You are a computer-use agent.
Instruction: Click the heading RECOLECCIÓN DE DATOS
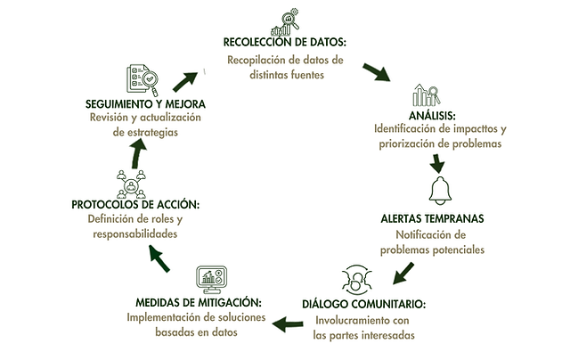pyautogui.click(x=284, y=43)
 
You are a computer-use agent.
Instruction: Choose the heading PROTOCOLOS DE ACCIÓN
pyautogui.click(x=136, y=204)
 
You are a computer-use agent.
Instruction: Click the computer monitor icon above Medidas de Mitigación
pyautogui.click(x=211, y=278)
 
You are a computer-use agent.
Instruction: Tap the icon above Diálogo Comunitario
pyautogui.click(x=354, y=278)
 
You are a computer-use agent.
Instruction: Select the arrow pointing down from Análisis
pyautogui.click(x=437, y=162)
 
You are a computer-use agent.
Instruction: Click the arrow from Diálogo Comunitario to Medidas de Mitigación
pyautogui.click(x=289, y=323)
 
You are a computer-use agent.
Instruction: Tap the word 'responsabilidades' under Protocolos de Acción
pyautogui.click(x=134, y=233)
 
